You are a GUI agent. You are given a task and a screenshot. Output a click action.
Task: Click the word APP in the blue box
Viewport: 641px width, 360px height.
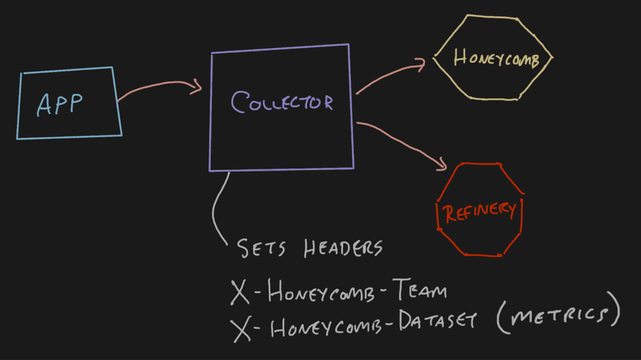click(x=60, y=105)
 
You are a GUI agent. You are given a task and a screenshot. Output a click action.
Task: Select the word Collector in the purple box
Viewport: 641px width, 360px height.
click(x=282, y=102)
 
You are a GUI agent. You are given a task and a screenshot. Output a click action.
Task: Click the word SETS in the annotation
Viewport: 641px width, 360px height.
click(x=262, y=249)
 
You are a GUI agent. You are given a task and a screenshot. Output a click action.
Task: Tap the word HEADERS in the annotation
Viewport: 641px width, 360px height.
click(x=343, y=248)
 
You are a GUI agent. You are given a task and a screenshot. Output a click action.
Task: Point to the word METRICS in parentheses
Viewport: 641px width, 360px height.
click(x=557, y=316)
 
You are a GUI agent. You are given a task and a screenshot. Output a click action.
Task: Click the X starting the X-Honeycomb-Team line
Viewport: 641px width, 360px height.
click(x=240, y=292)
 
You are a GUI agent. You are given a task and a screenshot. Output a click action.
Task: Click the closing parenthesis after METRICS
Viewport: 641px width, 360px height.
click(x=613, y=311)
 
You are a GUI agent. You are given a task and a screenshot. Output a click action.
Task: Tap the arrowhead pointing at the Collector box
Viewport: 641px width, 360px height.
click(x=197, y=86)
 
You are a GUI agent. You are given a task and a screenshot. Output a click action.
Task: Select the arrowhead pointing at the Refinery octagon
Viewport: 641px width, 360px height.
click(x=441, y=164)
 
